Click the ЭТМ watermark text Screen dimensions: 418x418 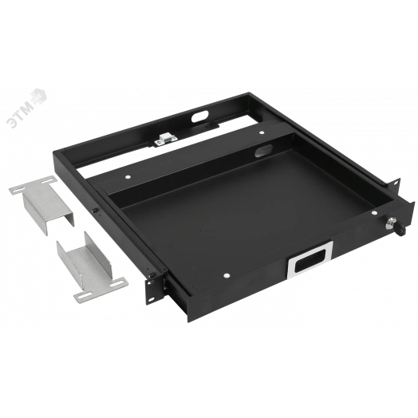click(x=20, y=114)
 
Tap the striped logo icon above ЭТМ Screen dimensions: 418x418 click(x=38, y=97)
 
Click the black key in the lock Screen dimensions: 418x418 click(x=400, y=230)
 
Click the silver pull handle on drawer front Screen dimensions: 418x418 click(x=310, y=260)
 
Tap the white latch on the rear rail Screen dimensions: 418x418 click(x=165, y=140)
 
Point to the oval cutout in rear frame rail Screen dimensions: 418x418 click(x=199, y=116)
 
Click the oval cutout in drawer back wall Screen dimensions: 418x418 click(x=263, y=151)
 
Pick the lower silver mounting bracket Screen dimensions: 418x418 click(x=91, y=270)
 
